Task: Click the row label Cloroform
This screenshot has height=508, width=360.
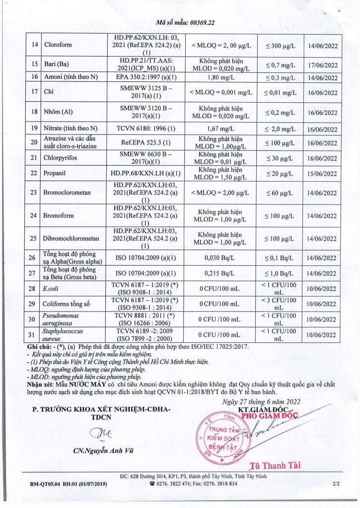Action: pyautogui.click(x=58, y=45)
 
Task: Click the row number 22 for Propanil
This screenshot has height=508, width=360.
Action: pyautogui.click(x=35, y=173)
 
